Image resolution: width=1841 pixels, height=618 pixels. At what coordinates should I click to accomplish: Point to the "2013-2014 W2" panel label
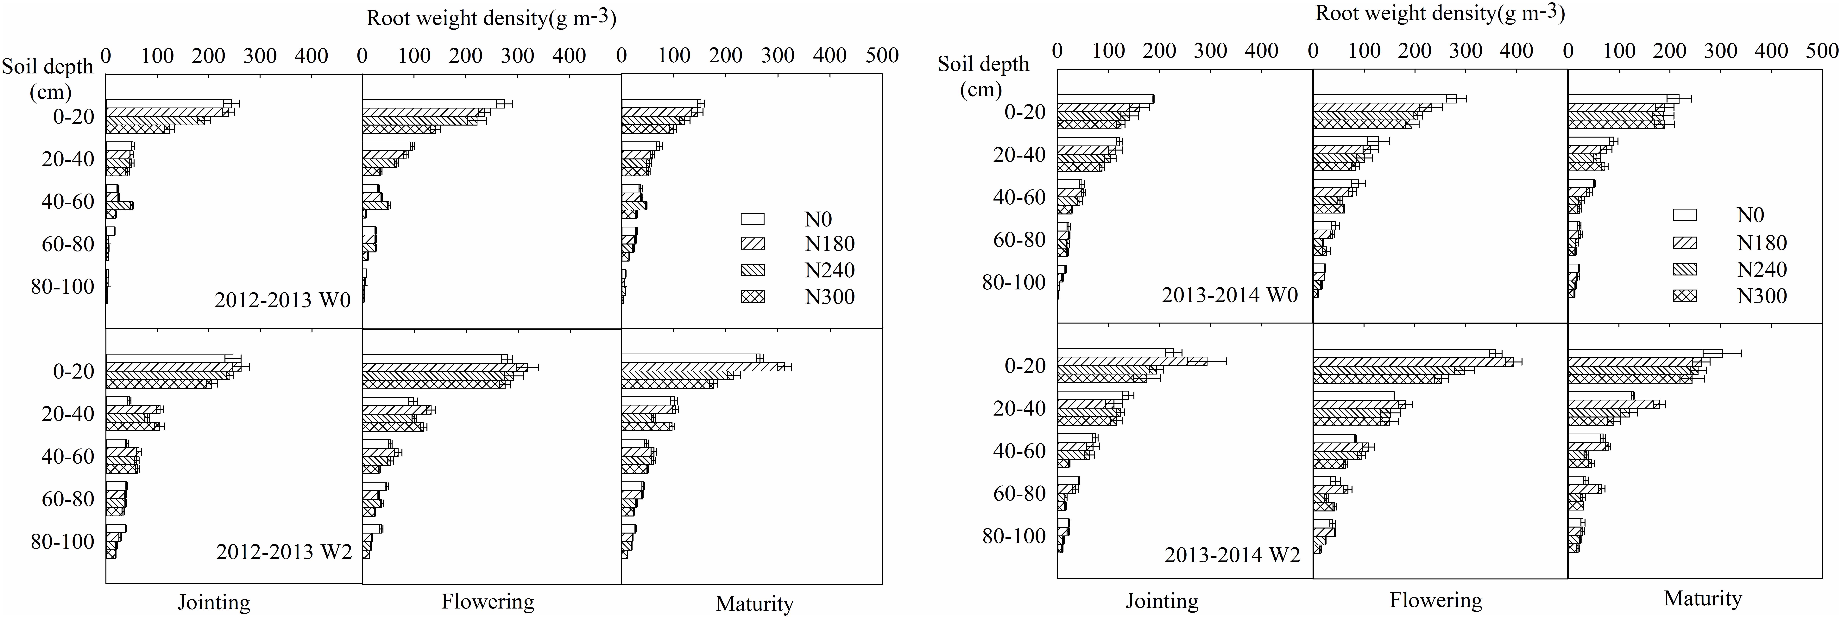[x=1231, y=555]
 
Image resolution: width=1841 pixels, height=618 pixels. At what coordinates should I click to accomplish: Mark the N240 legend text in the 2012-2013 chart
[x=829, y=270]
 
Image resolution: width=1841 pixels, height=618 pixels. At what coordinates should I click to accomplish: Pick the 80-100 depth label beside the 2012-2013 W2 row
[x=63, y=541]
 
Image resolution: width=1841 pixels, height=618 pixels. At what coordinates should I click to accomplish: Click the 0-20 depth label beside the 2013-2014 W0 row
[x=1025, y=112]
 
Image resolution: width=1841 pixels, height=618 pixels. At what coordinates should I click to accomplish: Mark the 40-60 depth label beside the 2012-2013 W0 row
[x=68, y=201]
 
